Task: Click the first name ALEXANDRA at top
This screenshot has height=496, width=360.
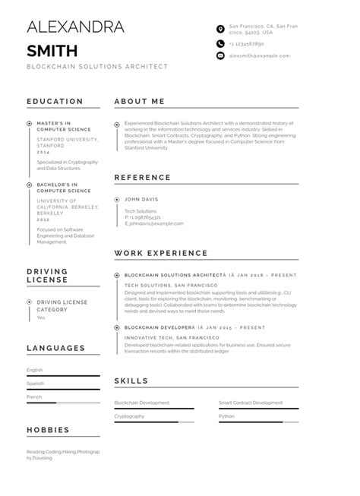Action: click(75, 28)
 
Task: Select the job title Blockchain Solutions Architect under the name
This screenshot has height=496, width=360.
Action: click(97, 67)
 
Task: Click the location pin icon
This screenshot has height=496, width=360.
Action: click(220, 29)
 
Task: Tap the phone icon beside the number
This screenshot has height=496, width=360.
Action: click(220, 44)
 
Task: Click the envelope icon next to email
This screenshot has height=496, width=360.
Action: click(220, 55)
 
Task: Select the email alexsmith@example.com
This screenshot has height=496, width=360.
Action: click(259, 55)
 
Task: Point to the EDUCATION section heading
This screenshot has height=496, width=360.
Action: click(55, 101)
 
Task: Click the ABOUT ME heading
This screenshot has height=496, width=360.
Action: click(139, 101)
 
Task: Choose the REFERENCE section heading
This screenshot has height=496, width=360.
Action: click(142, 177)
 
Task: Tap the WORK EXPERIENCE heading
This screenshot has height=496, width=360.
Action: click(160, 253)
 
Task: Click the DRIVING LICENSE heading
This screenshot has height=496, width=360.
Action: click(47, 276)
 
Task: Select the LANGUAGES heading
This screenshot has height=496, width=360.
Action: click(55, 348)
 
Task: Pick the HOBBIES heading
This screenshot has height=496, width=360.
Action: click(48, 430)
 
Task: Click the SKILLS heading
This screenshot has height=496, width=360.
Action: click(131, 381)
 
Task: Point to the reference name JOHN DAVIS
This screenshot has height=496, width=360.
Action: click(141, 200)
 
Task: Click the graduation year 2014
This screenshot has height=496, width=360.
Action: click(43, 153)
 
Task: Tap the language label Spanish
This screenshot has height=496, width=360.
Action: click(35, 384)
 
